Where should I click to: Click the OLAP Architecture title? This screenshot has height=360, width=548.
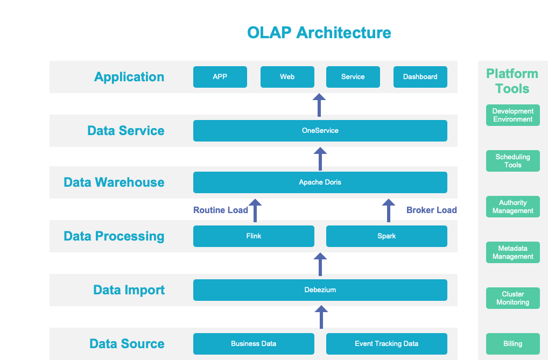[319, 33]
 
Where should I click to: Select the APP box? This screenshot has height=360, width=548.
[220, 77]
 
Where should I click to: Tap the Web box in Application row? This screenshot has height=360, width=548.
[287, 77]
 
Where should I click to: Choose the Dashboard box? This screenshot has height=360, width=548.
[420, 77]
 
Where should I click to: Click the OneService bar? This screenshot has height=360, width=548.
[320, 131]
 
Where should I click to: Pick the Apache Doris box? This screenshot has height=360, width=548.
[320, 182]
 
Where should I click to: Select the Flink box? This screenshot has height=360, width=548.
[254, 236]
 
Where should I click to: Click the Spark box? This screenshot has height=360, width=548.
[387, 236]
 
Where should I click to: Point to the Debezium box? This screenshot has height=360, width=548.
[320, 290]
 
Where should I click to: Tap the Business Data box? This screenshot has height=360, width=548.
[254, 344]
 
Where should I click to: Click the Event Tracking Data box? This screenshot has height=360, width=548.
[387, 344]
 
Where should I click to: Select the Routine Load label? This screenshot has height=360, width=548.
[221, 210]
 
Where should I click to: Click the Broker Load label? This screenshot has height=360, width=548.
[431, 210]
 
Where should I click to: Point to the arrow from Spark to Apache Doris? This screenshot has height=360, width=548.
[388, 210]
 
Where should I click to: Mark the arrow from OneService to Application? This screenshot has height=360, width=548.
[320, 105]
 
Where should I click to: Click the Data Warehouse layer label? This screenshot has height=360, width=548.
[114, 182]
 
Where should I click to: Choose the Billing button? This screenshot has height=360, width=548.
[512, 344]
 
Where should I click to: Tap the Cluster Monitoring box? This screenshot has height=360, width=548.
[512, 298]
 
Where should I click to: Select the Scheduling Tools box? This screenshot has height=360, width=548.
[512, 161]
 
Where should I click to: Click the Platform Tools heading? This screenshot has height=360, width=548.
[512, 81]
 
